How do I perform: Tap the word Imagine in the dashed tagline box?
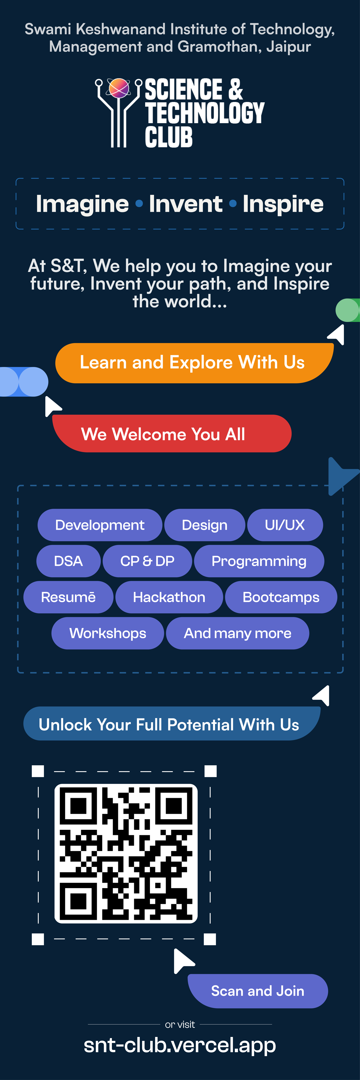click(82, 204)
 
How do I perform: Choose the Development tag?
click(100, 525)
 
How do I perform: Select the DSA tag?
click(68, 561)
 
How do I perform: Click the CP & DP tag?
click(147, 561)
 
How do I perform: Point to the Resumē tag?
click(68, 597)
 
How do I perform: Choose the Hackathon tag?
click(169, 597)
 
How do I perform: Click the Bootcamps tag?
click(281, 597)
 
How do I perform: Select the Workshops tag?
click(108, 633)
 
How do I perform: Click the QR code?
click(126, 854)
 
